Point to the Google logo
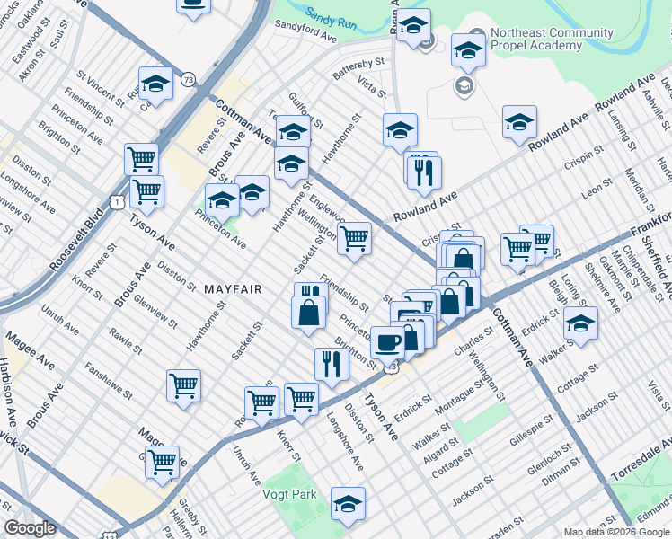tap(30, 528)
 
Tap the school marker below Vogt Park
tap(348, 504)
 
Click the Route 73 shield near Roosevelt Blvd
tap(188, 80)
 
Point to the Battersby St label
tap(358, 69)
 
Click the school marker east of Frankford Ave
tap(580, 323)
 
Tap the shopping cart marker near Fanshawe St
tap(183, 385)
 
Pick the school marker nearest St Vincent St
tap(156, 84)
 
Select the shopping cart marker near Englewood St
tap(355, 238)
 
